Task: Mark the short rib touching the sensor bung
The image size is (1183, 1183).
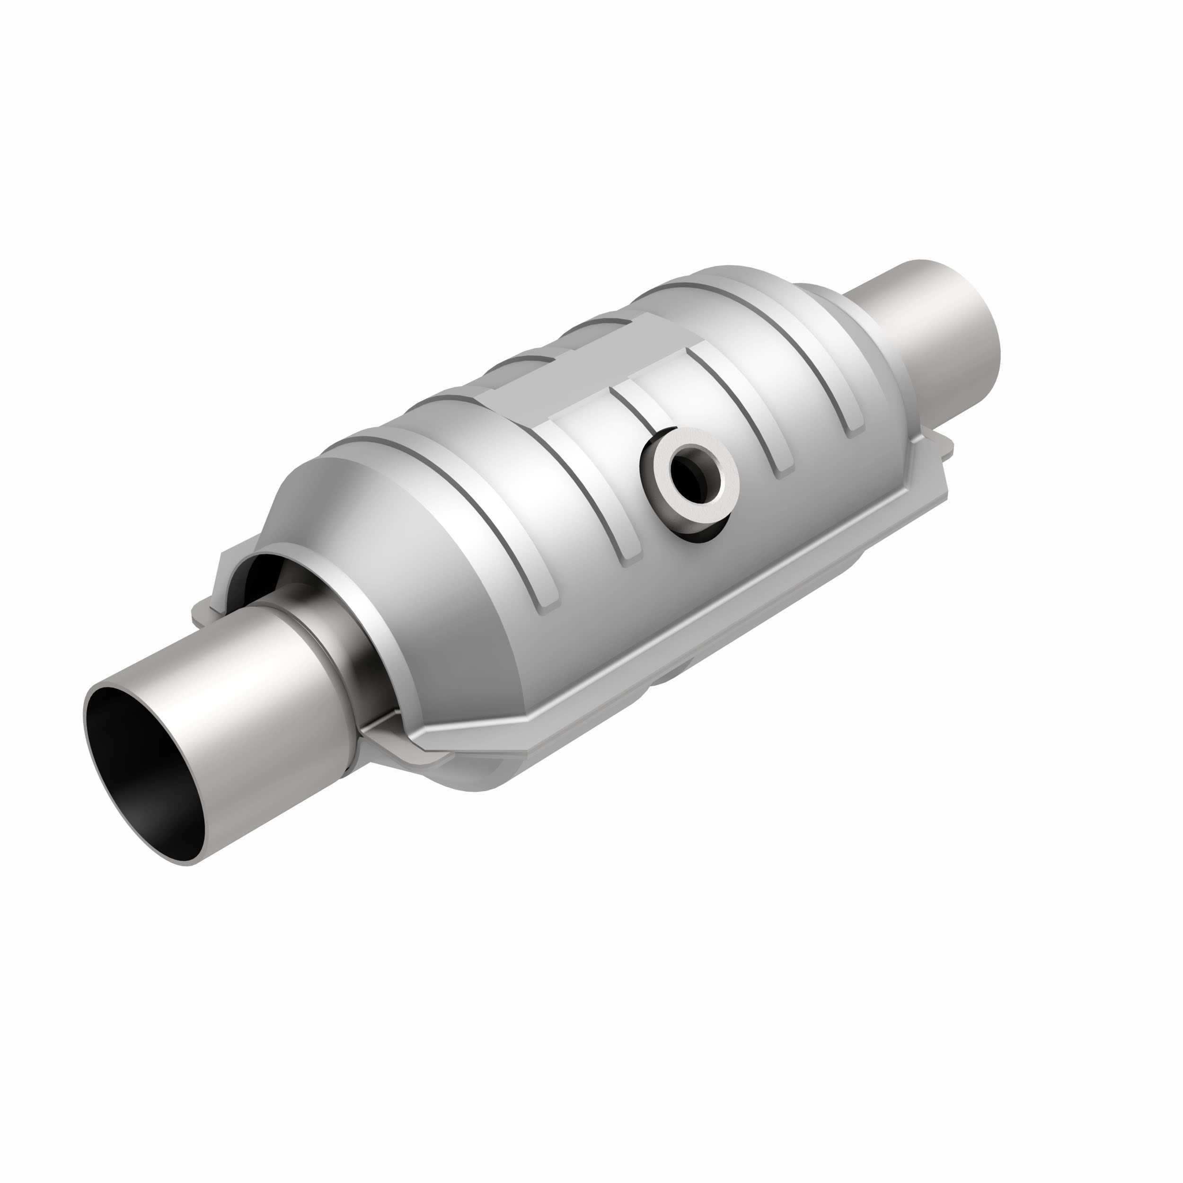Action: click(637, 404)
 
